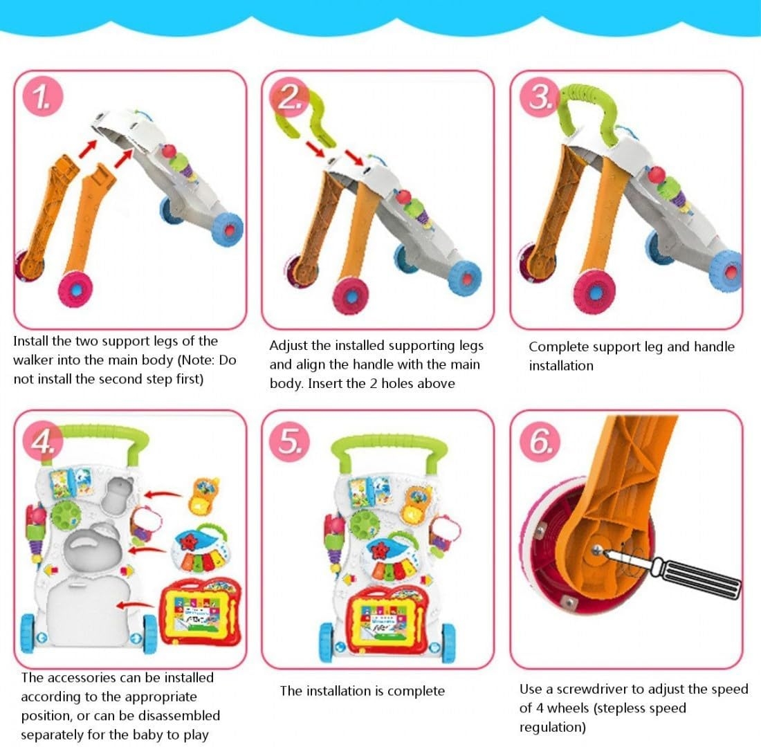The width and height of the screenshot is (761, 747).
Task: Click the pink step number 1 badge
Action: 42,97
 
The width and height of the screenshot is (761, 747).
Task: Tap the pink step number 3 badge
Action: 539,97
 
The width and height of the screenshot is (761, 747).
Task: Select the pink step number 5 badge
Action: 290,442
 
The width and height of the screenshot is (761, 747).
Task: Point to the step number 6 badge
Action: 540,442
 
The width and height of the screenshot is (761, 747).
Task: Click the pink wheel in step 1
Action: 75,289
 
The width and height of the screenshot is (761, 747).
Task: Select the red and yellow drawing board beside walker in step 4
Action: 201,611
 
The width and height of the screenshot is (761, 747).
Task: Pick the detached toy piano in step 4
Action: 201,548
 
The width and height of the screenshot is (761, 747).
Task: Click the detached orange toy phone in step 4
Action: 205,496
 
